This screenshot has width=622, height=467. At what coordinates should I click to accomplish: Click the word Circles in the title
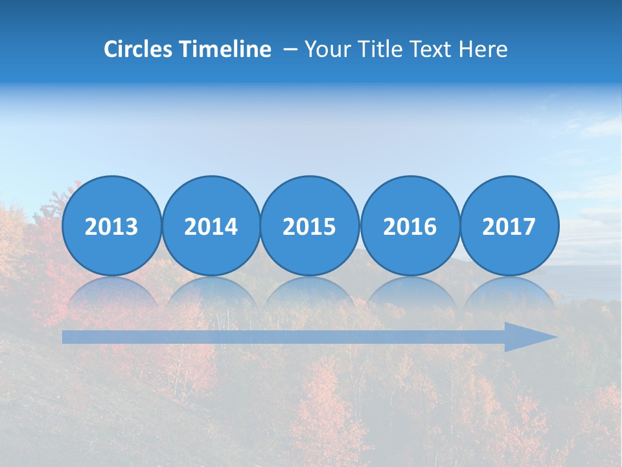(139, 49)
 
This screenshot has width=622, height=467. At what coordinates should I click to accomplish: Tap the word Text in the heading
(429, 49)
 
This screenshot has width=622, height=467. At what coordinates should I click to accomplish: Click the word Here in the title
(483, 49)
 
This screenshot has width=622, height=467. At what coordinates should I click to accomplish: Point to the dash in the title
(290, 50)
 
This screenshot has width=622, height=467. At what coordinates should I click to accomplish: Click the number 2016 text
(410, 226)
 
